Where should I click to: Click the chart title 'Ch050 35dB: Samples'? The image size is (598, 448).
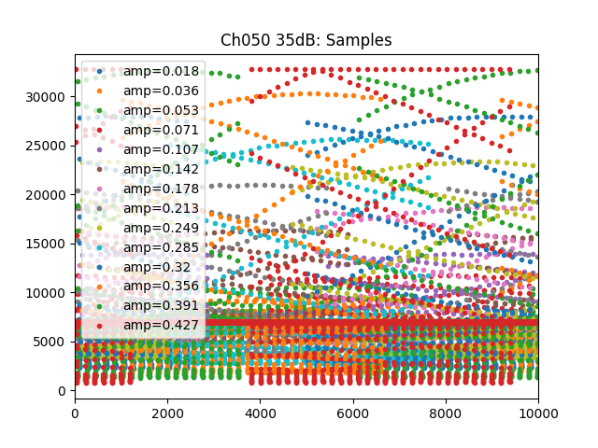coord(306,40)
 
